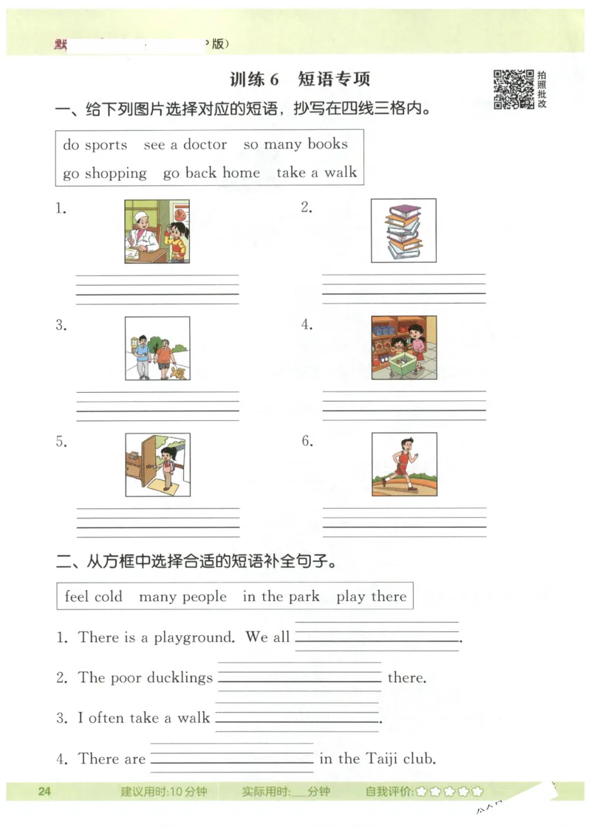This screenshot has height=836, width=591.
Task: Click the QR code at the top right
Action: pyautogui.click(x=513, y=89)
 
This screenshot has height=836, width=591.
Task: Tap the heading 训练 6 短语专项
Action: pyautogui.click(x=299, y=79)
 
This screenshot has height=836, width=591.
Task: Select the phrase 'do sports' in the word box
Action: pyautogui.click(x=95, y=145)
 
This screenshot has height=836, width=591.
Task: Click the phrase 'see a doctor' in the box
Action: pyautogui.click(x=185, y=145)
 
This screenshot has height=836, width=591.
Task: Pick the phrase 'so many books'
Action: pyautogui.click(x=295, y=144)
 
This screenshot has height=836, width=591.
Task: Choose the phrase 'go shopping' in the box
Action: pyautogui.click(x=104, y=174)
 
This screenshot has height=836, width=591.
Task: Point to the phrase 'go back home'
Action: pyautogui.click(x=211, y=174)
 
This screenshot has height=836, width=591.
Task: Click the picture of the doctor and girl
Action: pyautogui.click(x=157, y=231)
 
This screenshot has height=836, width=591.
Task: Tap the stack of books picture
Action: pyautogui.click(x=403, y=230)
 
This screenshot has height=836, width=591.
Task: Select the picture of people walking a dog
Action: pyautogui.click(x=157, y=349)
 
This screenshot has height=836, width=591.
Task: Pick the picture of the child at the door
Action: pyautogui.click(x=157, y=465)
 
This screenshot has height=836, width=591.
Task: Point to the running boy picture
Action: pyautogui.click(x=403, y=464)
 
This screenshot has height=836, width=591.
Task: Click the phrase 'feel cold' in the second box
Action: pyautogui.click(x=93, y=597)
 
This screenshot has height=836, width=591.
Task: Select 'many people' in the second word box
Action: pyautogui.click(x=182, y=597)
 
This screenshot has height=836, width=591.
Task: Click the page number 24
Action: pyautogui.click(x=44, y=792)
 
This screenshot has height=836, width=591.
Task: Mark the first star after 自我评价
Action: pyautogui.click(x=421, y=792)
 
